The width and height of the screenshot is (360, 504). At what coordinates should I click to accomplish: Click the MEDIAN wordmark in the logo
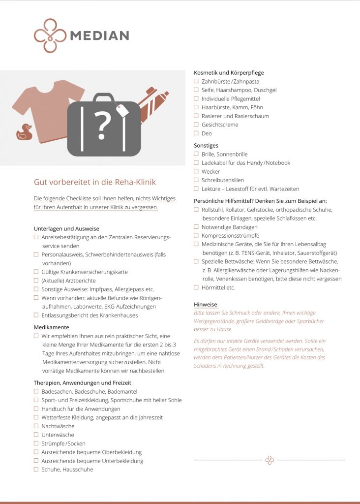point(99,35)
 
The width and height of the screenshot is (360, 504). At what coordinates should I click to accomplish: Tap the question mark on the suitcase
point(102,126)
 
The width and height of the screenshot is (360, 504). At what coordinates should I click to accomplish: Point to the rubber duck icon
point(24,132)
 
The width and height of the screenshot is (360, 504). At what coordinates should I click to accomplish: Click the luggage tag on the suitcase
point(121,111)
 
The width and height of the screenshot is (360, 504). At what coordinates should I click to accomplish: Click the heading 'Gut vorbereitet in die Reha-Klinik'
point(94,182)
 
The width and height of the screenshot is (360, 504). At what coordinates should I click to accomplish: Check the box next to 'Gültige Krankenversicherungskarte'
point(36,272)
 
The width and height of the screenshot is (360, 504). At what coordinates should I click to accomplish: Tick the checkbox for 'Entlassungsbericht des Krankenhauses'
point(36,315)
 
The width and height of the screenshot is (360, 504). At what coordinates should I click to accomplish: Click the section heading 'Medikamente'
point(52,327)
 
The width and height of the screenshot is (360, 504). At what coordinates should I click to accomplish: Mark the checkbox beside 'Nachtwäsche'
point(36,426)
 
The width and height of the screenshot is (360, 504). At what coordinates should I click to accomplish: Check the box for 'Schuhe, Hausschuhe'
point(36,470)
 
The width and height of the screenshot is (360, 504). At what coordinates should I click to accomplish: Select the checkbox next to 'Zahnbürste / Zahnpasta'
point(196,81)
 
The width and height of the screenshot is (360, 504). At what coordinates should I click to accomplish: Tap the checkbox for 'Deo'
point(196,133)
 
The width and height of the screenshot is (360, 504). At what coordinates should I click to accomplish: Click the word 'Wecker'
point(210,172)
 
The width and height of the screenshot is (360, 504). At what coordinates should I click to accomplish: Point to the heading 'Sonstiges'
point(206,146)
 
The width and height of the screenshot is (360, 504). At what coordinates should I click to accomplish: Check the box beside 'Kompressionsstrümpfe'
point(196,236)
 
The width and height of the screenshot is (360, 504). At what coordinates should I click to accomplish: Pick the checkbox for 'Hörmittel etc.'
point(196,287)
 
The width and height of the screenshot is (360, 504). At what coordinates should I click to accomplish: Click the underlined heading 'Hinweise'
point(206,305)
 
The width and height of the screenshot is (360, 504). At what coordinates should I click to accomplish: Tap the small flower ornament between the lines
point(270,460)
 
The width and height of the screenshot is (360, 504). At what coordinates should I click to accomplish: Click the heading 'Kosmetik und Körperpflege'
point(229,73)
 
